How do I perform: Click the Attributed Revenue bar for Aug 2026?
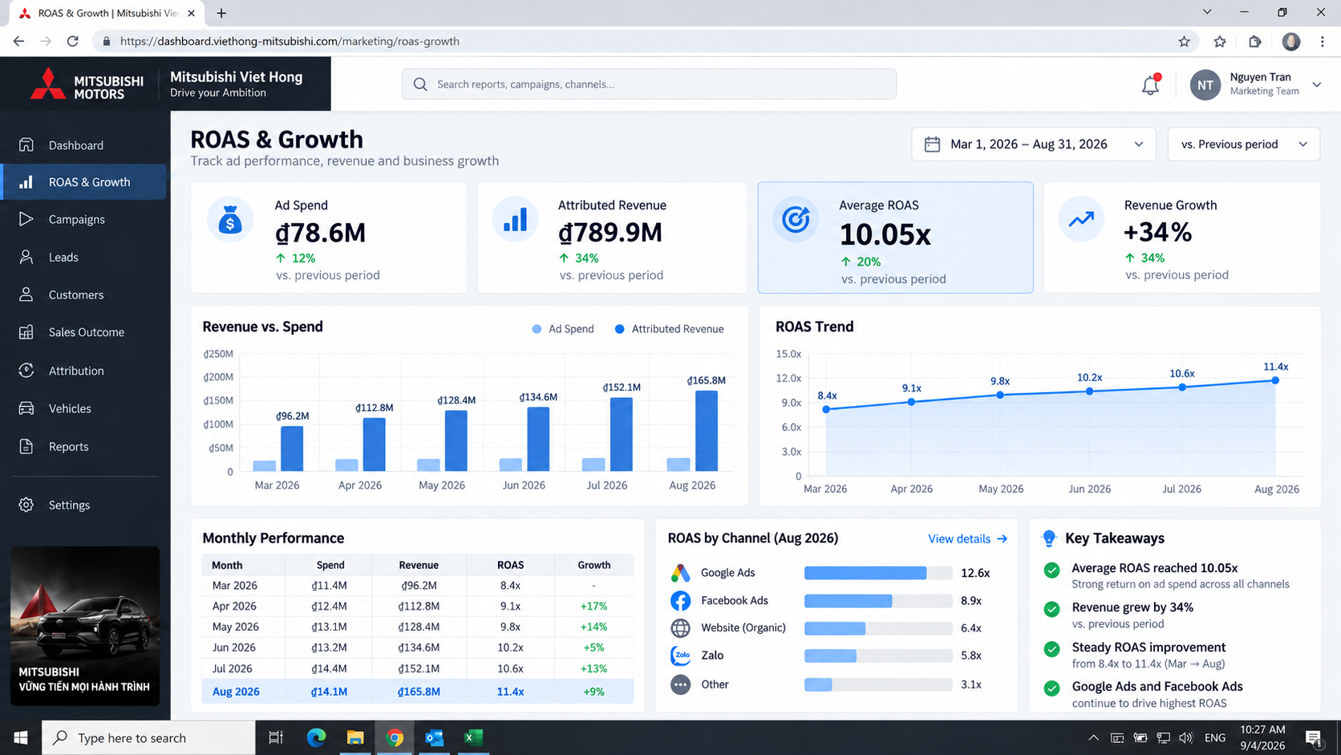(707, 431)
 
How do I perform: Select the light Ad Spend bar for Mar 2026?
(265, 466)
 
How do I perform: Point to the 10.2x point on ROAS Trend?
(1089, 392)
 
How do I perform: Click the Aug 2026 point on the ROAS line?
(1275, 380)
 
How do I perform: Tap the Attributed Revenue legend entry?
(670, 329)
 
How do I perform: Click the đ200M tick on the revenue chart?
(218, 377)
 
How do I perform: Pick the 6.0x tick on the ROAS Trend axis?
(791, 427)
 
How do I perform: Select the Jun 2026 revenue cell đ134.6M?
(419, 647)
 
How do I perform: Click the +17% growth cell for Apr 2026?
(594, 606)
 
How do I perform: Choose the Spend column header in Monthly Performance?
(330, 565)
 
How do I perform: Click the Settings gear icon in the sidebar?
(26, 505)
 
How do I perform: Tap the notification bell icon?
(1150, 85)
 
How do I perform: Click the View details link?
(967, 539)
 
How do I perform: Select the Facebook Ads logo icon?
(680, 600)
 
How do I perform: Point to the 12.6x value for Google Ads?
(975, 573)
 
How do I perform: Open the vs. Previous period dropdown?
(1243, 144)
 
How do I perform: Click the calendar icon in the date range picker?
(932, 144)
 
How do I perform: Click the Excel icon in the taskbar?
(473, 737)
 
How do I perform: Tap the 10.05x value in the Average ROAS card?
(885, 234)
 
